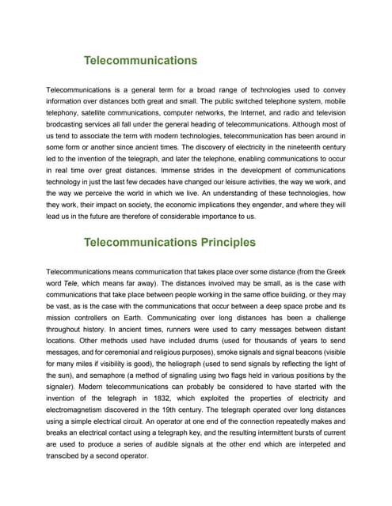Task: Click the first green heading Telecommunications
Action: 140,60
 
